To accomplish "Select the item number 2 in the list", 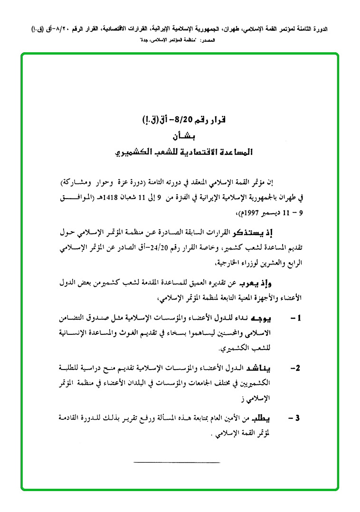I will [295, 369].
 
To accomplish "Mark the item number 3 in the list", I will [295, 419].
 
